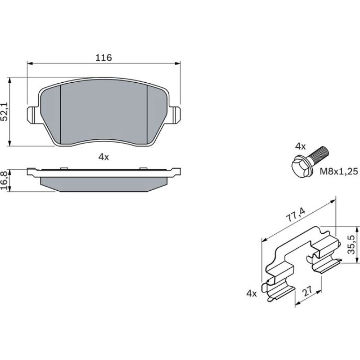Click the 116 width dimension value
[x=103, y=58]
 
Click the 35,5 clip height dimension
[x=351, y=245]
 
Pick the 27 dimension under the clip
[x=308, y=291]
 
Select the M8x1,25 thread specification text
[x=339, y=171]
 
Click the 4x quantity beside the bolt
[x=300, y=146]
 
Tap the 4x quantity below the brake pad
[x=103, y=157]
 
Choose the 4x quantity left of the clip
[x=252, y=293]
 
